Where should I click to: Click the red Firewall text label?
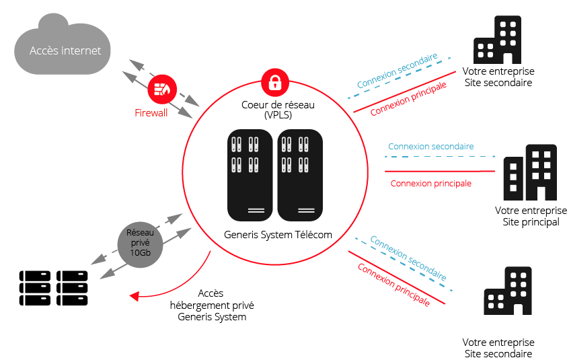(151, 113)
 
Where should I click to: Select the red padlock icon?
(274, 83)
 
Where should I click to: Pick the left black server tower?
(250, 175)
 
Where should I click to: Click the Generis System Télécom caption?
(278, 235)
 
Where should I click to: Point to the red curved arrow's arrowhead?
(135, 295)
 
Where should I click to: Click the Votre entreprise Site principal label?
(531, 217)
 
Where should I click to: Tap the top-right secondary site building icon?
(497, 39)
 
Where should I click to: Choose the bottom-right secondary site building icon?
(508, 293)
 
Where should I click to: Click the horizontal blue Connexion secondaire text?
(431, 146)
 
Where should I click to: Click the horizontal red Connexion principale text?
(431, 183)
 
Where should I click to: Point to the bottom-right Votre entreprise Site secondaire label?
(498, 349)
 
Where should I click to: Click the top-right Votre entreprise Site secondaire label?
(498, 77)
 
